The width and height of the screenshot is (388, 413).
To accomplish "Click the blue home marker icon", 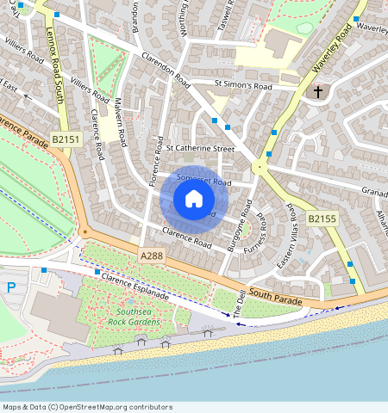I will pyautogui.click(x=194, y=200).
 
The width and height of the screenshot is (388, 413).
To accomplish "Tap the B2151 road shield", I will pyautogui.click(x=66, y=139).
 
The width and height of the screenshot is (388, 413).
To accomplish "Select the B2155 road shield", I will pyautogui.click(x=321, y=219).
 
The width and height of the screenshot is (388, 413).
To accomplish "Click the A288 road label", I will pyautogui.click(x=151, y=256).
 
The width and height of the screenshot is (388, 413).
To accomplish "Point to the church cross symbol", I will pyautogui.click(x=317, y=90).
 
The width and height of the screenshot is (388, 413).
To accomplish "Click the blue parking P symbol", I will pyautogui.click(x=11, y=287).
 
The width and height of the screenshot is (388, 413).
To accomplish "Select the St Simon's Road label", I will pyautogui.click(x=243, y=87).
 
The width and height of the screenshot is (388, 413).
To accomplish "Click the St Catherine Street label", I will pyautogui.click(x=200, y=149).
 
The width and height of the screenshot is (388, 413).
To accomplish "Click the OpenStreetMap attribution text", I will pyautogui.click(x=87, y=407).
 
